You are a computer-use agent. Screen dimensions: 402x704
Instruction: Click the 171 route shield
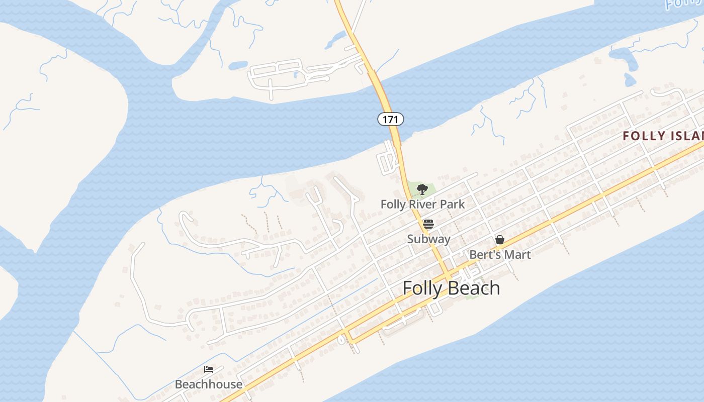[390, 120]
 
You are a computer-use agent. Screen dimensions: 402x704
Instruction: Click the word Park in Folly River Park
[452, 205]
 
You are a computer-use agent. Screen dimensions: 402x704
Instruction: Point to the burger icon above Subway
[428, 224]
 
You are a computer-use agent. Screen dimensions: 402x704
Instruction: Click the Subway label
[428, 239]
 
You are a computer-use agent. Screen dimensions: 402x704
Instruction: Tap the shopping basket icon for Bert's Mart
[499, 240]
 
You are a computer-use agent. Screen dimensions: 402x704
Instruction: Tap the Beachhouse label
[209, 384]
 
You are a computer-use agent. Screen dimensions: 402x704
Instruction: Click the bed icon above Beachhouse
[209, 369]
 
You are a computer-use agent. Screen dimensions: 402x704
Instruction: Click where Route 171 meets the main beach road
[447, 276]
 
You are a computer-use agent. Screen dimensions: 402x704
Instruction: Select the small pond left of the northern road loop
[238, 65]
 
